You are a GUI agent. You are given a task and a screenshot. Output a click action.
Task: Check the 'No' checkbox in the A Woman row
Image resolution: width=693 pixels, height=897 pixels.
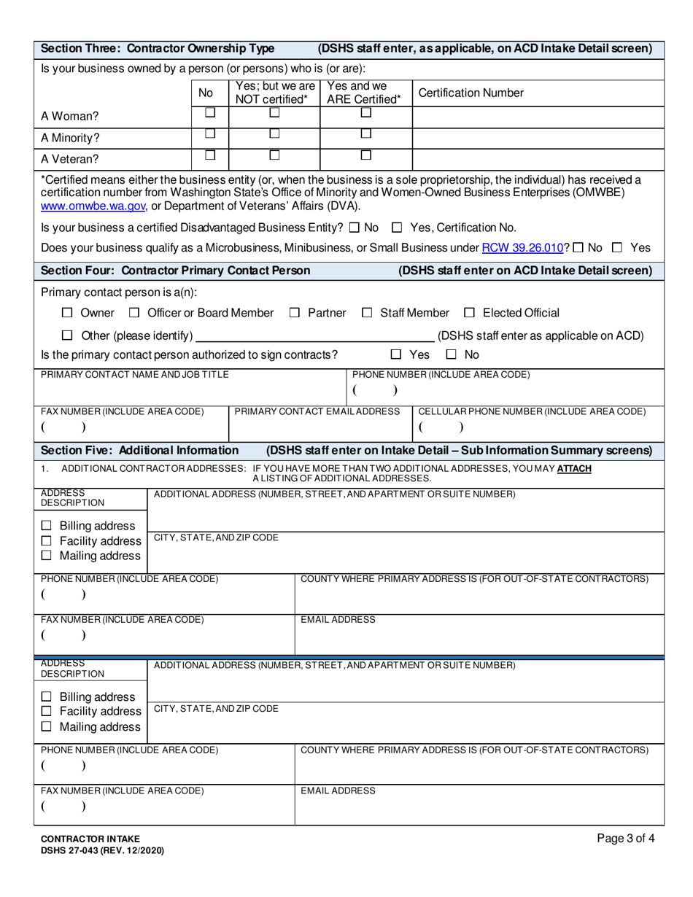(210, 113)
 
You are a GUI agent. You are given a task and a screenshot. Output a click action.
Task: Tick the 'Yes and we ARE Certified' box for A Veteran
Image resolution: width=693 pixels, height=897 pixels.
(366, 155)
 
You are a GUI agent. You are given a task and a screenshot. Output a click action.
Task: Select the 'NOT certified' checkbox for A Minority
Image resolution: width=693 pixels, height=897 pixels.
(274, 133)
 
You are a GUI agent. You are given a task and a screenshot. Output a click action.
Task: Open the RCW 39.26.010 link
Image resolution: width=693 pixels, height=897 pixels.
(522, 248)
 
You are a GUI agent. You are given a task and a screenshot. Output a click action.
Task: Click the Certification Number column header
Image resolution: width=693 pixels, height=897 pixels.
(471, 93)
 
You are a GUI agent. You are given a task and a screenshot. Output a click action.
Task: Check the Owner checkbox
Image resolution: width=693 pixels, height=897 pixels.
(68, 313)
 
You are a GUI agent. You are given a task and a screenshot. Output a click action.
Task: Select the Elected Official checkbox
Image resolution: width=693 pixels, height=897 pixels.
(470, 313)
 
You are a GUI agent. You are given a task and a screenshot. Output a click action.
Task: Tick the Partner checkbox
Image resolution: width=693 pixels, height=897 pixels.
(295, 313)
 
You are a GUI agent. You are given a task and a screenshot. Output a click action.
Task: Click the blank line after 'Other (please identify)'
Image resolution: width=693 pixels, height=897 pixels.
(315, 335)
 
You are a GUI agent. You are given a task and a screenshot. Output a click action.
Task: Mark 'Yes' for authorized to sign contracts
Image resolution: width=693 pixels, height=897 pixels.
(396, 354)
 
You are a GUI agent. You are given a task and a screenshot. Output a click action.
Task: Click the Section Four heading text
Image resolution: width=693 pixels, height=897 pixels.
(175, 271)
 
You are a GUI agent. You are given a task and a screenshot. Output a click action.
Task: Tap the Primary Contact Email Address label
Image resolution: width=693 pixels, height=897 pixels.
(317, 411)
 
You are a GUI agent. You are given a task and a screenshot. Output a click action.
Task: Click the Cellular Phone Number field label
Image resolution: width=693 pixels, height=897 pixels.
(532, 411)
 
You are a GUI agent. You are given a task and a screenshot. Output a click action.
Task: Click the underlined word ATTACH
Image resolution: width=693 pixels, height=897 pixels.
(574, 468)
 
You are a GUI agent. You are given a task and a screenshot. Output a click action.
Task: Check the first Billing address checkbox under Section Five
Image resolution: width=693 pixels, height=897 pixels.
(47, 526)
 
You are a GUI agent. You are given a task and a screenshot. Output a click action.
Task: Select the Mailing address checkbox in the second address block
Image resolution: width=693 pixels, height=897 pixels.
(47, 726)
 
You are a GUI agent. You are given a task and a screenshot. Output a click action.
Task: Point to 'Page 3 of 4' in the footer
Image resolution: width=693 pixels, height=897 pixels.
(625, 839)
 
